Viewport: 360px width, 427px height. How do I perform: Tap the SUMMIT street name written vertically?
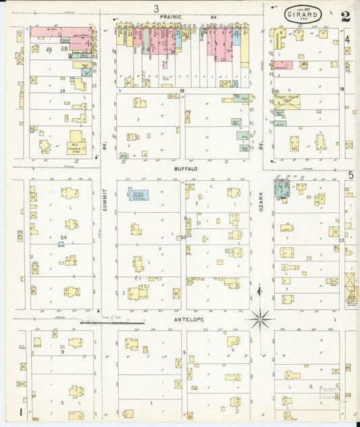pyautogui.click(x=105, y=200)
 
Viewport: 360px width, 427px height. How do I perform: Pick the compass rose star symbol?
pyautogui.click(x=260, y=318)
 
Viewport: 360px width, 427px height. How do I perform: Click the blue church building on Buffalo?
pyautogui.click(x=139, y=195)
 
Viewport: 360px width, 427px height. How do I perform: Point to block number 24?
pyautogui.click(x=63, y=238)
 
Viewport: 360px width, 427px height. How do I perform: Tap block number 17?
pyautogui.click(x=62, y=91)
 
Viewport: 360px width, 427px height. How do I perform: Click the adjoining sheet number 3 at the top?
pyautogui.click(x=156, y=8)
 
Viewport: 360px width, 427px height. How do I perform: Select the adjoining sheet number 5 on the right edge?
pyautogui.click(x=351, y=176)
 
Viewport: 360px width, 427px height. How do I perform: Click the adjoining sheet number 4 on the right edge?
pyautogui.click(x=347, y=39)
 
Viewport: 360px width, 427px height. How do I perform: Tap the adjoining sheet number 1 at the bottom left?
pyautogui.click(x=22, y=411)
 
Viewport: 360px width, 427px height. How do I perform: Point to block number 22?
pyautogui.click(x=342, y=240)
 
